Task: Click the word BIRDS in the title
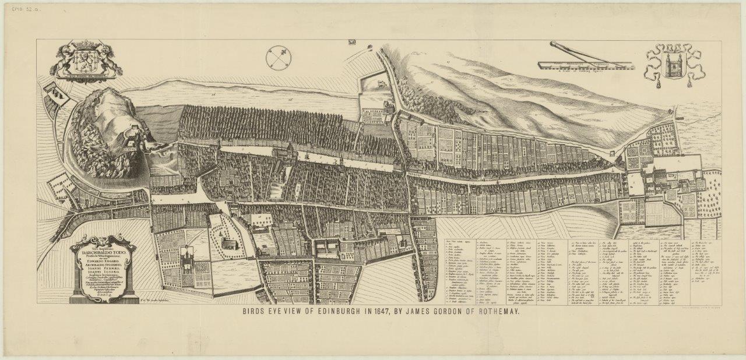[x=256, y=312]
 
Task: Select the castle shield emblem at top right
[x=672, y=63]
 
